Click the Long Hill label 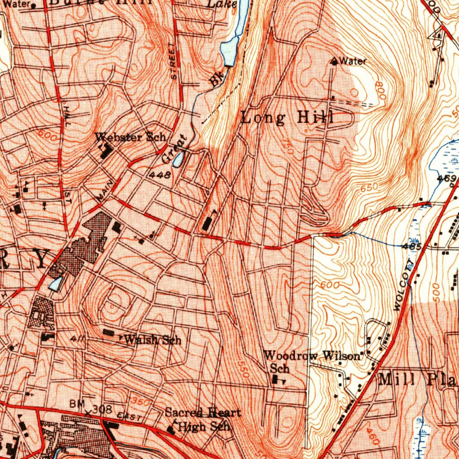click(x=287, y=118)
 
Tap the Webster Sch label click(x=130, y=137)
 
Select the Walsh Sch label click(x=152, y=340)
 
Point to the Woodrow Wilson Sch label click(x=312, y=361)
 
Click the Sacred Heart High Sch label click(x=203, y=419)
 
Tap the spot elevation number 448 click(x=160, y=175)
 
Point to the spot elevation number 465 click(x=411, y=246)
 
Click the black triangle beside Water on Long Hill click(x=334, y=61)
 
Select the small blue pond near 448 click(x=178, y=159)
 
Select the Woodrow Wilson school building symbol click(x=275, y=380)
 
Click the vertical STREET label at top click(x=173, y=61)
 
